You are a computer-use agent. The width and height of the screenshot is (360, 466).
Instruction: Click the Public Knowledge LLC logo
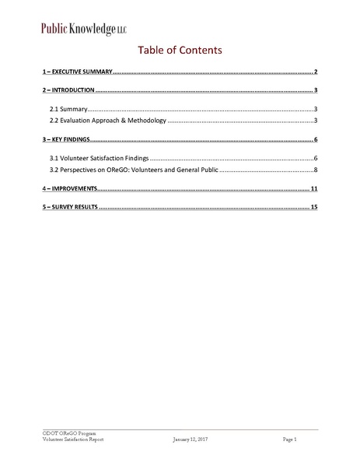[83, 30]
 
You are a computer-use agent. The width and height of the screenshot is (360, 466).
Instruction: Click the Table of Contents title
[180, 51]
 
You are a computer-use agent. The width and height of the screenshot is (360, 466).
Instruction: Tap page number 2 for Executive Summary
[316, 72]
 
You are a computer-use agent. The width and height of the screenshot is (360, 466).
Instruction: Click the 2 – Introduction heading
[68, 91]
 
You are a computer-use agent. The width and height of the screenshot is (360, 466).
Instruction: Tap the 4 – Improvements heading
[70, 189]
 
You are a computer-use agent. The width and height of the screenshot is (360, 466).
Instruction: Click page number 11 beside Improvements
[314, 189]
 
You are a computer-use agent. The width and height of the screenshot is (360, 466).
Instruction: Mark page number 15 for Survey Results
[314, 208]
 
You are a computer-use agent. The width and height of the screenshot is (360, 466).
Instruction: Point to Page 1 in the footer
[289, 440]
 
